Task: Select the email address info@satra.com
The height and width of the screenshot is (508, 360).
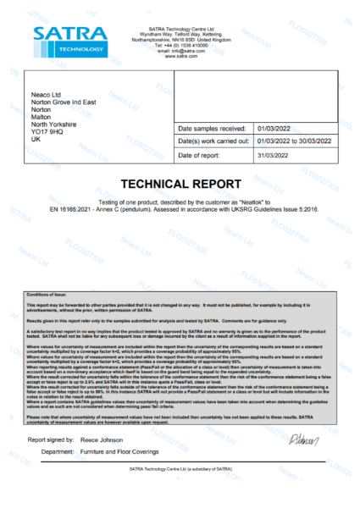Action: [x=180, y=51]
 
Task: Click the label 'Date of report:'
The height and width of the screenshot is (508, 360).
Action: [x=201, y=156]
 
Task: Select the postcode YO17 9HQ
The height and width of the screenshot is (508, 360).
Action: [x=47, y=131]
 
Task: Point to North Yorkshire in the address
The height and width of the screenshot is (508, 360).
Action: [x=54, y=124]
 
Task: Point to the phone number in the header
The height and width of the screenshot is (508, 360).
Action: [x=180, y=45]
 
